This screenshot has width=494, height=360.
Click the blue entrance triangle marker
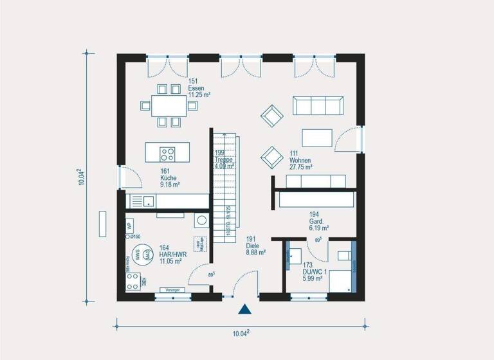(x=244, y=310)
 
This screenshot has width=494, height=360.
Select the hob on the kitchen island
(x=168, y=154)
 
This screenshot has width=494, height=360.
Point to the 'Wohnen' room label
(x=300, y=160)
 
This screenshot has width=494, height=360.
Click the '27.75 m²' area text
(x=301, y=167)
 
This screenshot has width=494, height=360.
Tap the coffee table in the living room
(x=317, y=138)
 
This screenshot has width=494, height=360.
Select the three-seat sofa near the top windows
(x=316, y=105)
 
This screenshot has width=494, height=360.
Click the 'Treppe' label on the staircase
(x=224, y=159)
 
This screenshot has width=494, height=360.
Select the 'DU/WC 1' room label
(x=315, y=271)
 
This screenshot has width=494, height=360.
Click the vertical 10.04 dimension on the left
(x=83, y=177)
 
